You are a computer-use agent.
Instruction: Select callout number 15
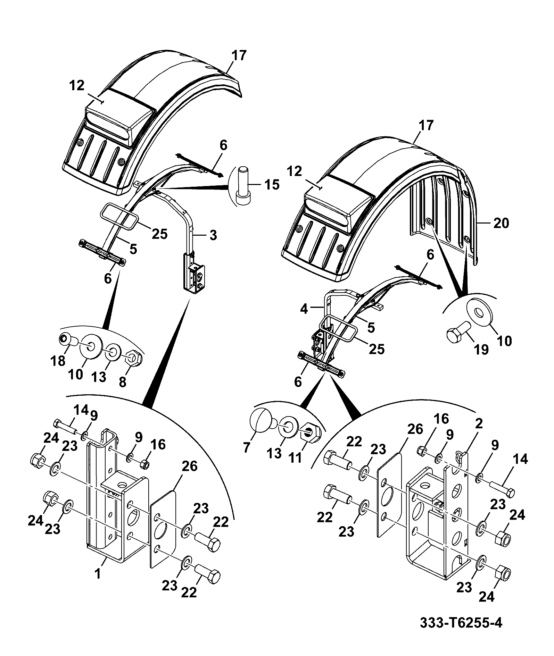(x=271, y=185)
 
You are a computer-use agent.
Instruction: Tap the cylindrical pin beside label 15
(x=242, y=186)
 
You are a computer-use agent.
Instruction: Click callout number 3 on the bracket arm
(x=213, y=235)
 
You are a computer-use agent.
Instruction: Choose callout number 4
(x=304, y=309)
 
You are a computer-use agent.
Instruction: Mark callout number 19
(x=482, y=350)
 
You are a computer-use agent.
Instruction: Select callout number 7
(x=247, y=447)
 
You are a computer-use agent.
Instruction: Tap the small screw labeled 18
(x=68, y=339)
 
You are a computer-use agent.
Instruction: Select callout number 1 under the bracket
(x=99, y=574)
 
